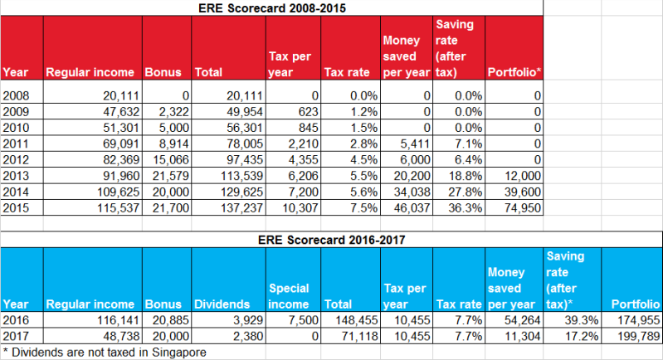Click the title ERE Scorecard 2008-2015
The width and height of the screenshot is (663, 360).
272,8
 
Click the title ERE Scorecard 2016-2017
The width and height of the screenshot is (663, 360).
332,240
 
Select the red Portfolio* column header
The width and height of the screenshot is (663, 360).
514,72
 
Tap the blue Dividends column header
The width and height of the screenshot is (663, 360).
222,304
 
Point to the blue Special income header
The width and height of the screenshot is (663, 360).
289,296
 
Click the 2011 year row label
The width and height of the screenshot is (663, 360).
16,144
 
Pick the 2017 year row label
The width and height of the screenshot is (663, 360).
16,336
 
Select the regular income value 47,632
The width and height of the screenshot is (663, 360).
121,111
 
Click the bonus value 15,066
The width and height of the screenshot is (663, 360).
171,160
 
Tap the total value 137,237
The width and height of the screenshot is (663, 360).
241,208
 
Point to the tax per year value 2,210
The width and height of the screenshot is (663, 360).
303,144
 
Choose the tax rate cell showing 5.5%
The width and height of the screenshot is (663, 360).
363,176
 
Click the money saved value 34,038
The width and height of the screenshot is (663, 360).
412,192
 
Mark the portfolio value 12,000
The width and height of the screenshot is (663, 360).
523,176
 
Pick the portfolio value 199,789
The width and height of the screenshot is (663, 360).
638,336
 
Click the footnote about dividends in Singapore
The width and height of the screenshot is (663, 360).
105,353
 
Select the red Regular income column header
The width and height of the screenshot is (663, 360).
90,72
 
